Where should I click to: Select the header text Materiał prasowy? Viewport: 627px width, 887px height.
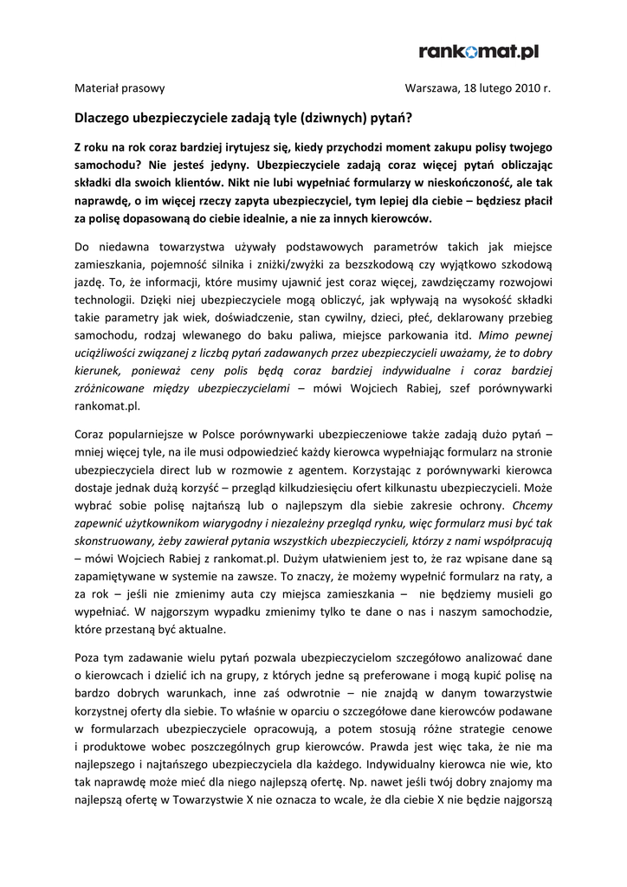120,88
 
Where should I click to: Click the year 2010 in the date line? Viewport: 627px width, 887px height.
527,88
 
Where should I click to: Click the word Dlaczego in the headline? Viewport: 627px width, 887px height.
104,115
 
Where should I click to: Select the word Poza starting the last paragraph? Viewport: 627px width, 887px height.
89,657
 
